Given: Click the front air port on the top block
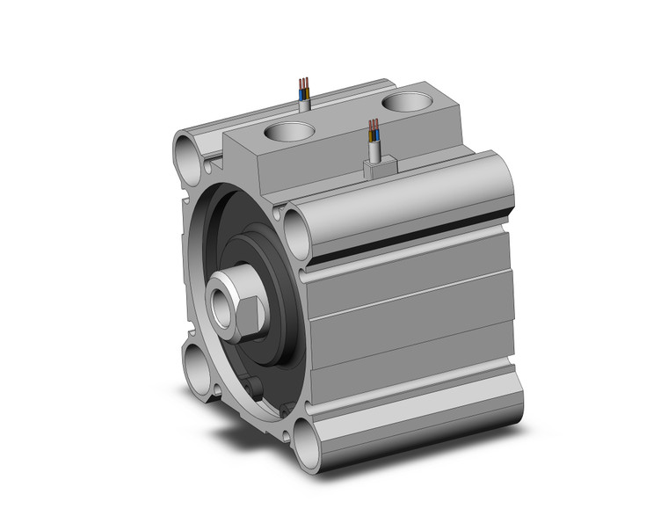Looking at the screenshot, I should (289, 134).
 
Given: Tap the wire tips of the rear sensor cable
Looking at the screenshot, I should (303, 85).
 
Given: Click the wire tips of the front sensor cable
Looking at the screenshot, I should (374, 132).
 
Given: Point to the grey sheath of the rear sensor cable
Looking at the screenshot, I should (303, 103).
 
